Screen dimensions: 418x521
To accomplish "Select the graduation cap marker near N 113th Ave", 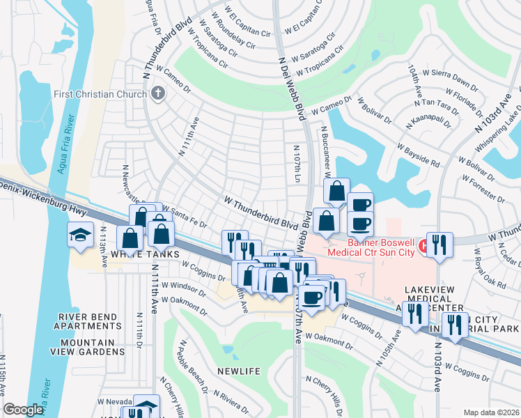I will [80, 235].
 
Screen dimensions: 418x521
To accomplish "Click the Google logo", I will [23, 410].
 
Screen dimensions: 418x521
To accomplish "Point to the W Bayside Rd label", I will [419, 155].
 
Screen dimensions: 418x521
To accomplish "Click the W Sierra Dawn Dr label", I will [449, 77].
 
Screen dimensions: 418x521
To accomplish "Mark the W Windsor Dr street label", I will [184, 288].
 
